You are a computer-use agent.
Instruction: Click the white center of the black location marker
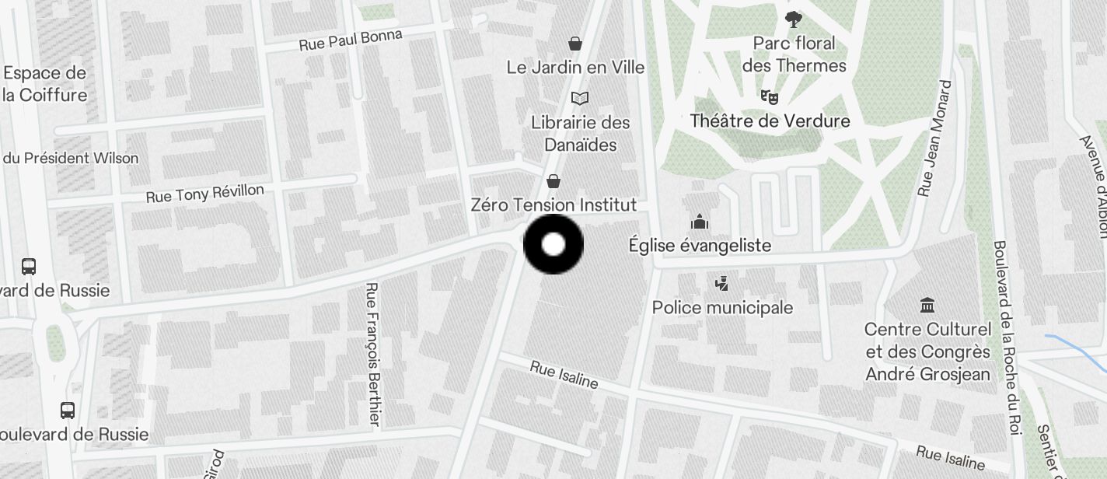[553, 245]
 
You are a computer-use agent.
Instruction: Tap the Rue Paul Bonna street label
[351, 40]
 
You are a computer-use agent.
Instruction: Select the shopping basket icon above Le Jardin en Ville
[575, 43]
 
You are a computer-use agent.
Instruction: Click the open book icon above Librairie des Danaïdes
[579, 98]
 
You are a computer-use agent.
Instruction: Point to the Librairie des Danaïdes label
[580, 133]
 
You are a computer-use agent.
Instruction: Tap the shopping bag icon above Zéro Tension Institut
[553, 181]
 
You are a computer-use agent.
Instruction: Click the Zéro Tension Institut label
[553, 205]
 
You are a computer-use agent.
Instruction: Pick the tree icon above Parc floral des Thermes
[793, 19]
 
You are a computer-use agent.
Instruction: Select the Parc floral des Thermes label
[794, 54]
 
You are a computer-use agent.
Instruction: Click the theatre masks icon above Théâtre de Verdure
[769, 96]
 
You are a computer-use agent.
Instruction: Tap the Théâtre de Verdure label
[770, 121]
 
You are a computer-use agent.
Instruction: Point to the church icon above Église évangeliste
[700, 222]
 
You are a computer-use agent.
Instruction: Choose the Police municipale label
[722, 307]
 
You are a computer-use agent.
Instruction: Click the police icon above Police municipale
[722, 283]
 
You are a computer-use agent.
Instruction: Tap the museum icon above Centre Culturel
[927, 305]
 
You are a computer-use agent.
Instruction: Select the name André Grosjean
[927, 374]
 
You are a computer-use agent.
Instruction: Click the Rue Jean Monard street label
[934, 138]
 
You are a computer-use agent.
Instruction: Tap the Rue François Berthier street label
[373, 354]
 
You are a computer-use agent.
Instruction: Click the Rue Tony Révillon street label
[205, 193]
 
